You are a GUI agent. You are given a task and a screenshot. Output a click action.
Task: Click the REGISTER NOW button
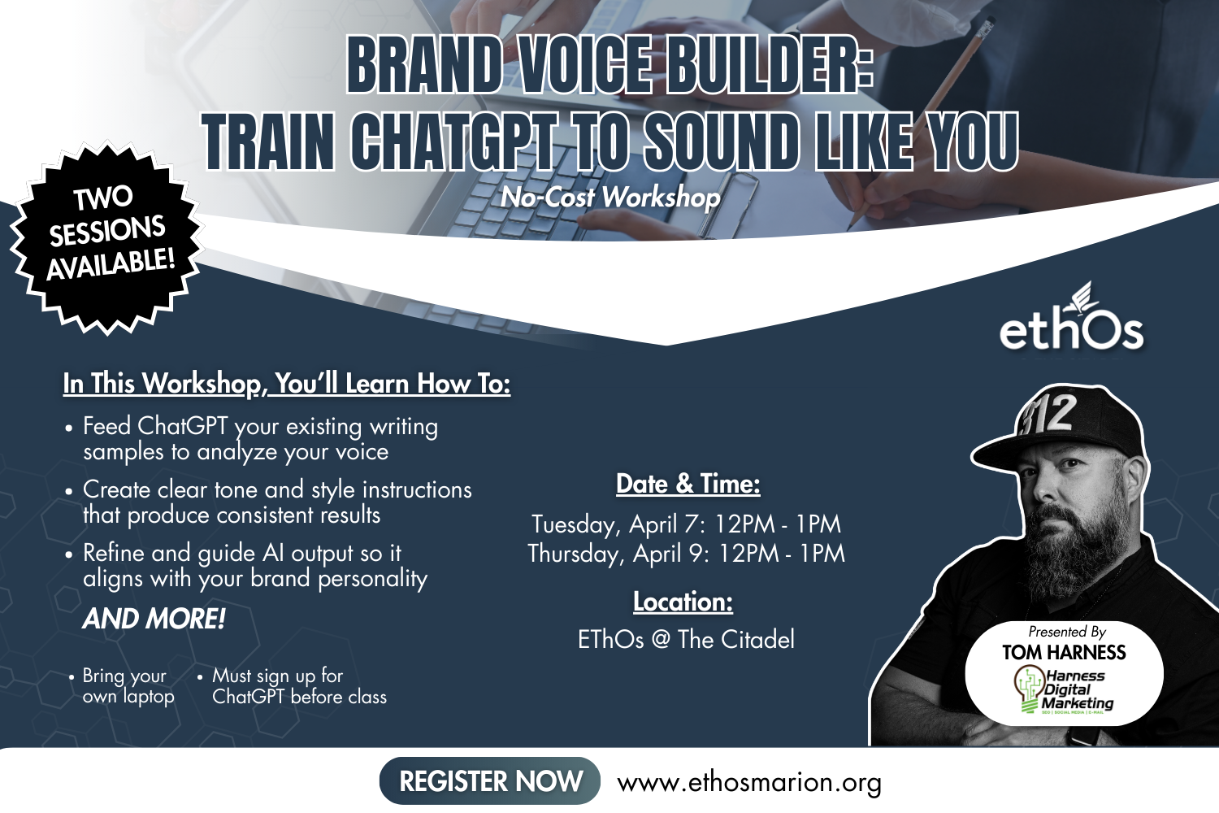[x=490, y=781]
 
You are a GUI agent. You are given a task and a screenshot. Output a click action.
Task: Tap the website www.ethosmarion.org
[x=749, y=782]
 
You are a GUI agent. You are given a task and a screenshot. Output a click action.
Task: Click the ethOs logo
[x=1071, y=322]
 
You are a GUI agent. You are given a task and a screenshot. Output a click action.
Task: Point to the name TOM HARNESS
[x=1064, y=652]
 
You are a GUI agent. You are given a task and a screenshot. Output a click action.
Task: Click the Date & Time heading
[x=688, y=484]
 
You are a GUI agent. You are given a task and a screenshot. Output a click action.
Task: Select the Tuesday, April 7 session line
[x=687, y=524]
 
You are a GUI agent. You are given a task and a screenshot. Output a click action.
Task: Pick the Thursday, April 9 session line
[x=687, y=554]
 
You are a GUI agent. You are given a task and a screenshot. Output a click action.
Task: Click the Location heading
[x=683, y=602]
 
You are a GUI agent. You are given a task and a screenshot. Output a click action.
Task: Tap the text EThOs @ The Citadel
[x=686, y=640]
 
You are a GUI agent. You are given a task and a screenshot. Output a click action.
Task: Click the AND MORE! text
[x=154, y=619]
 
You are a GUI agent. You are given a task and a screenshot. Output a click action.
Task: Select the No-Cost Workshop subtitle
[x=610, y=197]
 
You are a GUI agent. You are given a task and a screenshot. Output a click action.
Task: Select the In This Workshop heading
[x=286, y=383]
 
